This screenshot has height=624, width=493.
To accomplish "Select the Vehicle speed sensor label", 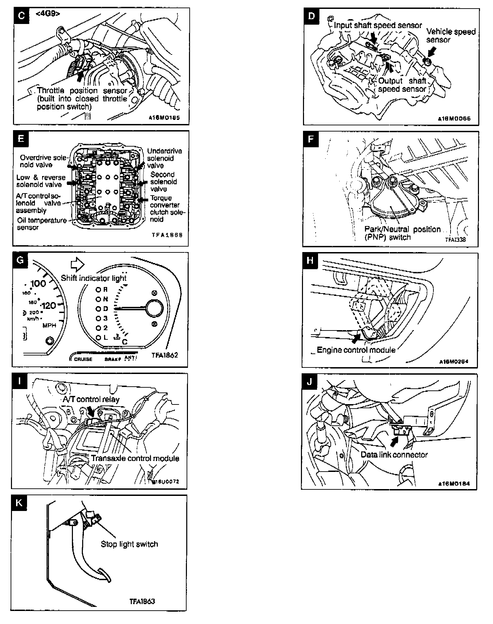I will click(451, 36).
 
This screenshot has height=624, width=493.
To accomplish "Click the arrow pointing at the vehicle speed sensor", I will click(432, 52).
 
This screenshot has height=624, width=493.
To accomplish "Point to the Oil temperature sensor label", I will click(42, 224).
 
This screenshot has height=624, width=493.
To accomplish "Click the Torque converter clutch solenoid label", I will click(167, 209).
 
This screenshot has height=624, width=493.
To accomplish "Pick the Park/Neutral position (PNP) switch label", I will click(402, 233).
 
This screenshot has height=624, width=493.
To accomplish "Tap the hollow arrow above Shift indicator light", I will click(77, 264).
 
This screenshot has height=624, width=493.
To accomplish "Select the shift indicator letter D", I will click(105, 309).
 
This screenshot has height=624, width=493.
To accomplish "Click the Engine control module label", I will click(356, 350).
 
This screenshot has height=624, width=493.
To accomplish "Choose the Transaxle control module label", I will click(135, 458).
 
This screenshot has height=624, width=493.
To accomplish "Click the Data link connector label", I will click(394, 455).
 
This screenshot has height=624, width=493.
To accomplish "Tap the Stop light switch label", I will click(129, 544).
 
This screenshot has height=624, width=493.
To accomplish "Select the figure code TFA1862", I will click(165, 355).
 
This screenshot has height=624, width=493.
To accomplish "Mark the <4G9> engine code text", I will click(48, 14).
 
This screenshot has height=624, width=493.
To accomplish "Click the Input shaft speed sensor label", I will click(378, 25).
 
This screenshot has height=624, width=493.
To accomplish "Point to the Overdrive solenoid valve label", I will click(40, 161).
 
